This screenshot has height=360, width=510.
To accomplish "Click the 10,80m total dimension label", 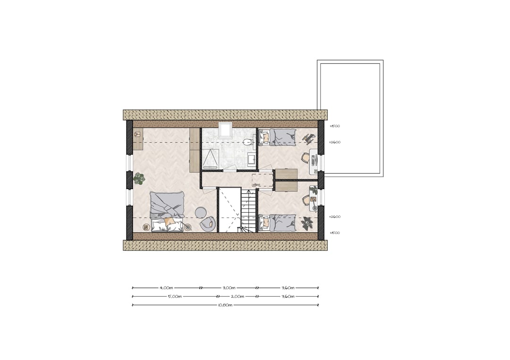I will [225, 305].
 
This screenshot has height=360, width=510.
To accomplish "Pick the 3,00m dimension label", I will [229, 287].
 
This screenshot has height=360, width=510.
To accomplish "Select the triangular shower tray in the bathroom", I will [210, 157].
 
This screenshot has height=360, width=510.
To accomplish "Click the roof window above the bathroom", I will [225, 130].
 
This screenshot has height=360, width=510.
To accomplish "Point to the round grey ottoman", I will [200, 212].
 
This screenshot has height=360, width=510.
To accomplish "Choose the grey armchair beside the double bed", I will [208, 223].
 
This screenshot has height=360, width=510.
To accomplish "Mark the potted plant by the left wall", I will [139, 179].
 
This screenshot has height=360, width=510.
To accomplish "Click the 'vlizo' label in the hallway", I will [257, 184].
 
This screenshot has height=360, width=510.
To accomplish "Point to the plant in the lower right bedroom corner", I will [308, 222].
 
